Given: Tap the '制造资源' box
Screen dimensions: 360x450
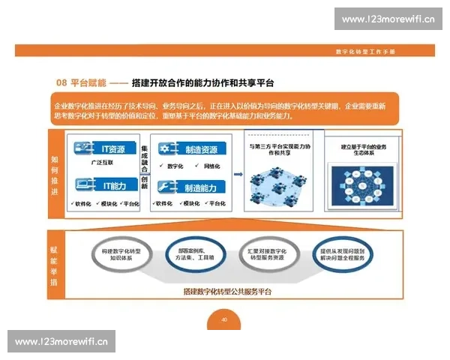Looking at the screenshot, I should [x=191, y=149].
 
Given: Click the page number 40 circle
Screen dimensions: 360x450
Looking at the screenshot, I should [x=224, y=319].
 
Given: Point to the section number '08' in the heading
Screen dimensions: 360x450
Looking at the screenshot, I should [x=63, y=82].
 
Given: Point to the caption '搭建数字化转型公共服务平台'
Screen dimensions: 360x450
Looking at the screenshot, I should [x=227, y=290].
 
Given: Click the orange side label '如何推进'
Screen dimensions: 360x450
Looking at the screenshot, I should [x=55, y=172].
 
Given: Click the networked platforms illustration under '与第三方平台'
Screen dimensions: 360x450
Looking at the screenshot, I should [x=277, y=183].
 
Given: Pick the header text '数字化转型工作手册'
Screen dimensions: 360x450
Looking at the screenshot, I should [x=364, y=51].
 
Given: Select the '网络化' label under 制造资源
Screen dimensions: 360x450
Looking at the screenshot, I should [x=211, y=166].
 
